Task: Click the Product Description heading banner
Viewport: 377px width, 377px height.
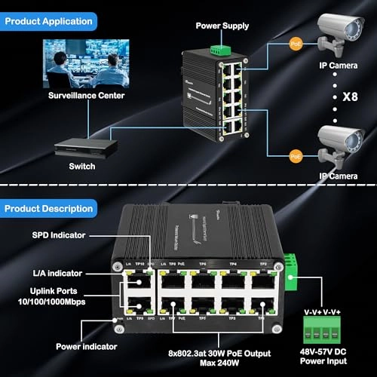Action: pos(48,206)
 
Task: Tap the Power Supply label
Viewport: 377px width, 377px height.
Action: pos(222,26)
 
